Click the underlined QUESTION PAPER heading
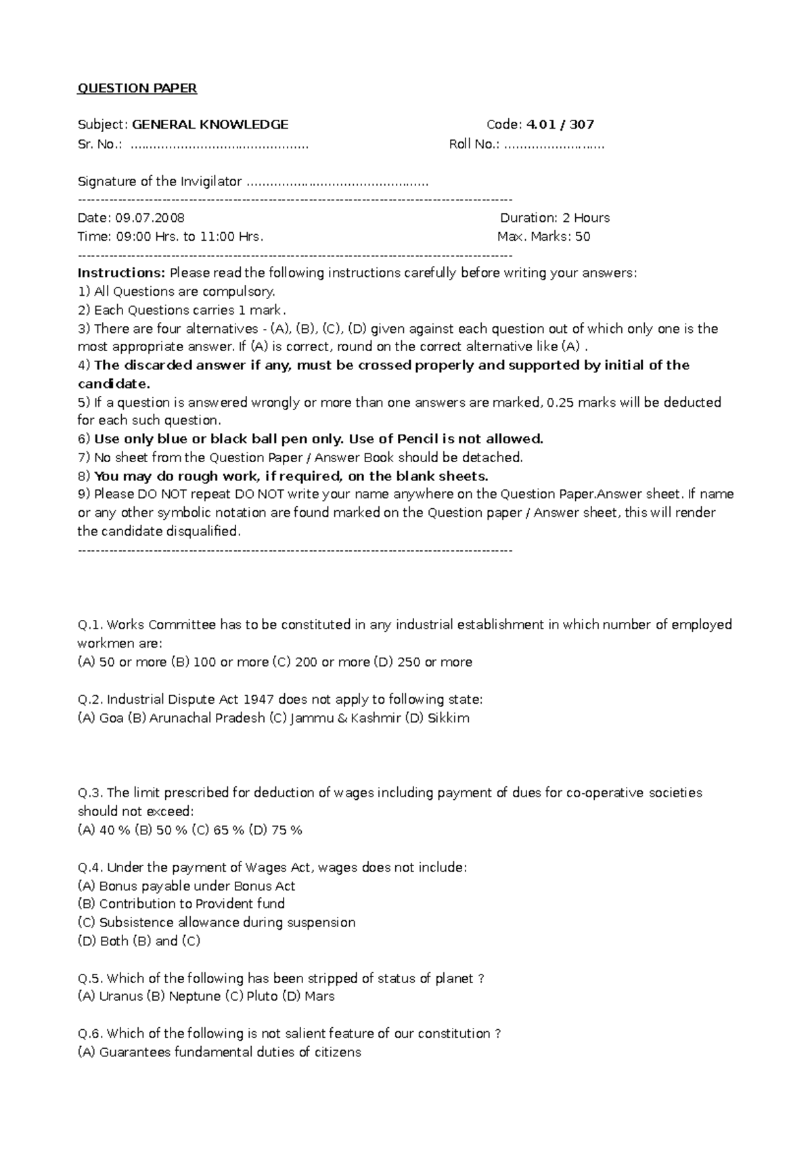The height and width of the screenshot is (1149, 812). point(137,89)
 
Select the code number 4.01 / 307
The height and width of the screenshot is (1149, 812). point(560,125)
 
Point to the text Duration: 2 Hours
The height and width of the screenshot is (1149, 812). point(555,218)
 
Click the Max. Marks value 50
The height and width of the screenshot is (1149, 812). point(583,237)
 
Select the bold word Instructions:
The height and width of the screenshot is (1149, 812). point(121,273)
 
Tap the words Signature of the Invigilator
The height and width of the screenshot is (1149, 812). point(160,181)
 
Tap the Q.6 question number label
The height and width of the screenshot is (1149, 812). point(91,1034)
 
